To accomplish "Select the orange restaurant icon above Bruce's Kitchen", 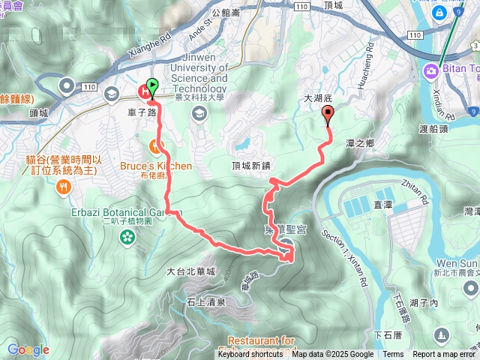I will (156, 144).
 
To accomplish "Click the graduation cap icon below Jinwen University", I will (199, 113).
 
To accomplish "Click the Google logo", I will (27, 349).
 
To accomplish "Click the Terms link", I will (393, 354).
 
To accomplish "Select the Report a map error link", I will (444, 354).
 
